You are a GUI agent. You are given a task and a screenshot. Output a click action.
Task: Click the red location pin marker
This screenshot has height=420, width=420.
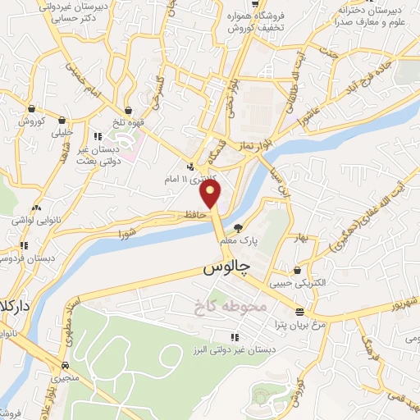click(212, 194)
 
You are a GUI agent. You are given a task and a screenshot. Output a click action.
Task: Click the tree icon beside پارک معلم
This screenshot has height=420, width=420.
click(238, 228)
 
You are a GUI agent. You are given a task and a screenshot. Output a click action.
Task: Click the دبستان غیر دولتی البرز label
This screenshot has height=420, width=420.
click(240, 348)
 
